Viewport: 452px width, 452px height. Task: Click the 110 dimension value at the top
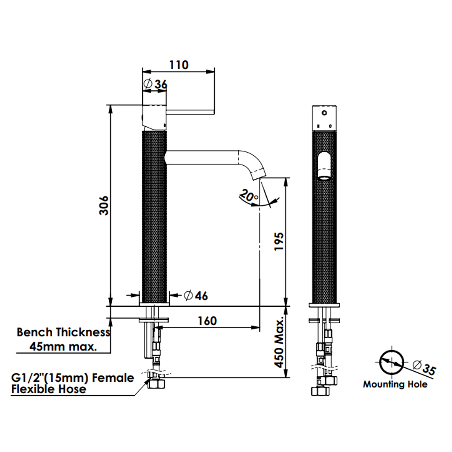tap(179, 65)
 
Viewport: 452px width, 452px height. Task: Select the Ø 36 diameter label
tap(155, 84)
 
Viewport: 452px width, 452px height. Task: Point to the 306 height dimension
tap(103, 205)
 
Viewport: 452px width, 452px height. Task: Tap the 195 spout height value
tap(279, 241)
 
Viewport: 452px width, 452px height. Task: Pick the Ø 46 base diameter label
tap(196, 295)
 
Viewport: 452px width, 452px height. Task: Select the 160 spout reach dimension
tap(207, 321)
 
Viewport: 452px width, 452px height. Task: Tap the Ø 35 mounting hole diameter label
tap(424, 367)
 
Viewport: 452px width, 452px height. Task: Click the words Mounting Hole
tap(395, 384)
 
